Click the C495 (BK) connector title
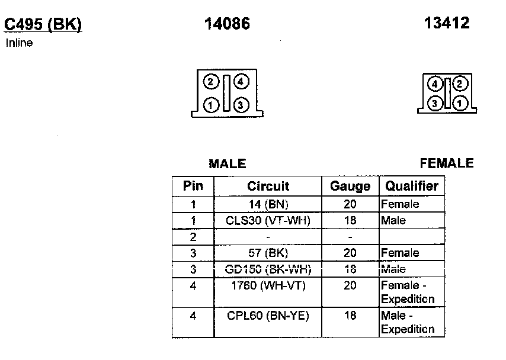43,24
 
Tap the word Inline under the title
19,43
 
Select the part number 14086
227,24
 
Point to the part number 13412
447,23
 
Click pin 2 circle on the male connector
210,82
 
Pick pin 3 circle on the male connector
240,105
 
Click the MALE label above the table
227,164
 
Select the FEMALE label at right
447,163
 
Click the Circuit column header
268,186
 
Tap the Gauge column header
350,186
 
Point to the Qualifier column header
412,186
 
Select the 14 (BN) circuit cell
268,204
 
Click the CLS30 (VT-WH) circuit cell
268,220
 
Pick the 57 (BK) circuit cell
268,253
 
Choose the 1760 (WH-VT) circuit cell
268,285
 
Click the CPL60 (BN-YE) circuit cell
268,316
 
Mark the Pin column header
193,186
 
